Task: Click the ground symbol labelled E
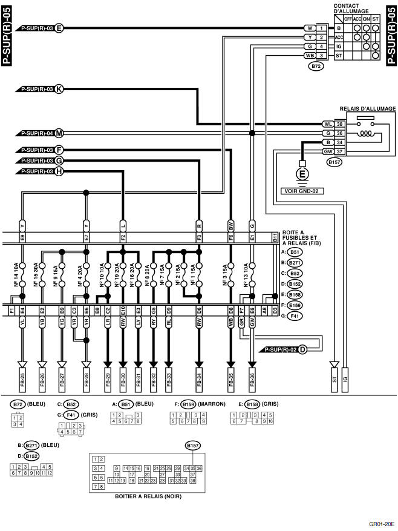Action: [x=301, y=175]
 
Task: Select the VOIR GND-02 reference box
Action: [x=301, y=190]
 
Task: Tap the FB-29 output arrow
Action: [x=108, y=376]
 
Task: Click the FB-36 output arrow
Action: [x=252, y=376]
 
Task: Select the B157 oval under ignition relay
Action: [x=334, y=162]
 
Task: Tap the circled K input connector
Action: [x=59, y=89]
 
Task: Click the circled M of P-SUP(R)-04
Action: [x=59, y=133]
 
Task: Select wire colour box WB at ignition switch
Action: [x=309, y=55]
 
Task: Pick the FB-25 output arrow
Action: [x=22, y=376]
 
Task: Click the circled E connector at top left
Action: [x=59, y=28]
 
